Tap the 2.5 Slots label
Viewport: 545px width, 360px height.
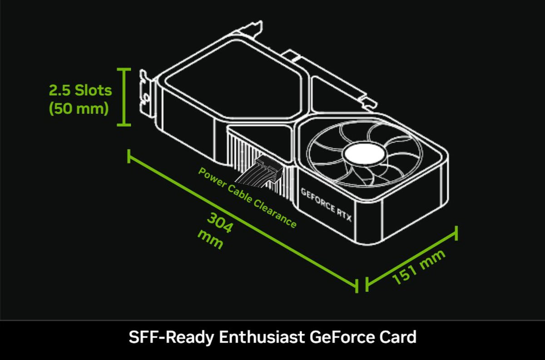pos(80,90)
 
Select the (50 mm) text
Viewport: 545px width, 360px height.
pos(79,108)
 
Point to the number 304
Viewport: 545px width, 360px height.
pos(220,222)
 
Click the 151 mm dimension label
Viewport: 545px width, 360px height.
pos(419,267)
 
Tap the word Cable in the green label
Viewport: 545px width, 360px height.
pos(240,194)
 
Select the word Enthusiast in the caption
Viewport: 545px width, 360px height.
pos(262,337)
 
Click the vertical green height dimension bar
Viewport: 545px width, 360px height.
pos(124,97)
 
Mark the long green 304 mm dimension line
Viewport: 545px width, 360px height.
pos(243,221)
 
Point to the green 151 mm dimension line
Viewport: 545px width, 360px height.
pos(411,258)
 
